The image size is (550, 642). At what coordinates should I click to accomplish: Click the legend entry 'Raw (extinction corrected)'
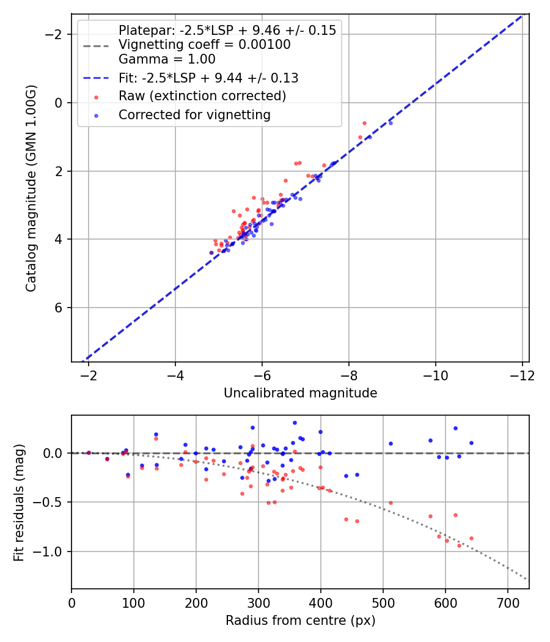pyautogui.click(x=202, y=96)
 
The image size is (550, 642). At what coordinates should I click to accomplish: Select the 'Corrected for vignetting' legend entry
pyautogui.click(x=194, y=114)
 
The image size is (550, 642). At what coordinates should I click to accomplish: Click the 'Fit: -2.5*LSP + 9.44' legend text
pyautogui.click(x=208, y=78)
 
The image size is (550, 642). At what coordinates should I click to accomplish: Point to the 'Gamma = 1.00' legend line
pyautogui.click(x=167, y=59)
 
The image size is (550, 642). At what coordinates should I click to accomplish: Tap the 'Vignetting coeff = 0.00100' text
pyautogui.click(x=204, y=45)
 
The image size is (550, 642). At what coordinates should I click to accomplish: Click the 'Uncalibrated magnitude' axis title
pyautogui.click(x=300, y=393)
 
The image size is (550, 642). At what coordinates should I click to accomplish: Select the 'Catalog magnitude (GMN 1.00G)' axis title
pyautogui.click(x=31, y=188)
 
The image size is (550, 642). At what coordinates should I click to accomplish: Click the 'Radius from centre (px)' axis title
pyautogui.click(x=300, y=621)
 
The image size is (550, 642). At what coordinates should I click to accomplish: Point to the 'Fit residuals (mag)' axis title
pyautogui.click(x=19, y=502)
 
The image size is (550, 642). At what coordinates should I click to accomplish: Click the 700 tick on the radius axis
pyautogui.click(x=507, y=603)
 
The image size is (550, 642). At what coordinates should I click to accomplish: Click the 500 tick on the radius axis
pyautogui.click(x=383, y=603)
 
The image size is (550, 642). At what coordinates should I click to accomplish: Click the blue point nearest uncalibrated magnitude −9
pyautogui.click(x=391, y=123)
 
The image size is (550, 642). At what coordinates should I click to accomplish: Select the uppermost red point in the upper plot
pyautogui.click(x=364, y=123)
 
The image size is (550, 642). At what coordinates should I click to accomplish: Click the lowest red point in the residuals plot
pyautogui.click(x=459, y=545)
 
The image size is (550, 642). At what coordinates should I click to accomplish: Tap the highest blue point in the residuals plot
pyautogui.click(x=295, y=422)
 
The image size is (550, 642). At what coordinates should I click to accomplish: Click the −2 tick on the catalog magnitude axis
pyautogui.click(x=56, y=34)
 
